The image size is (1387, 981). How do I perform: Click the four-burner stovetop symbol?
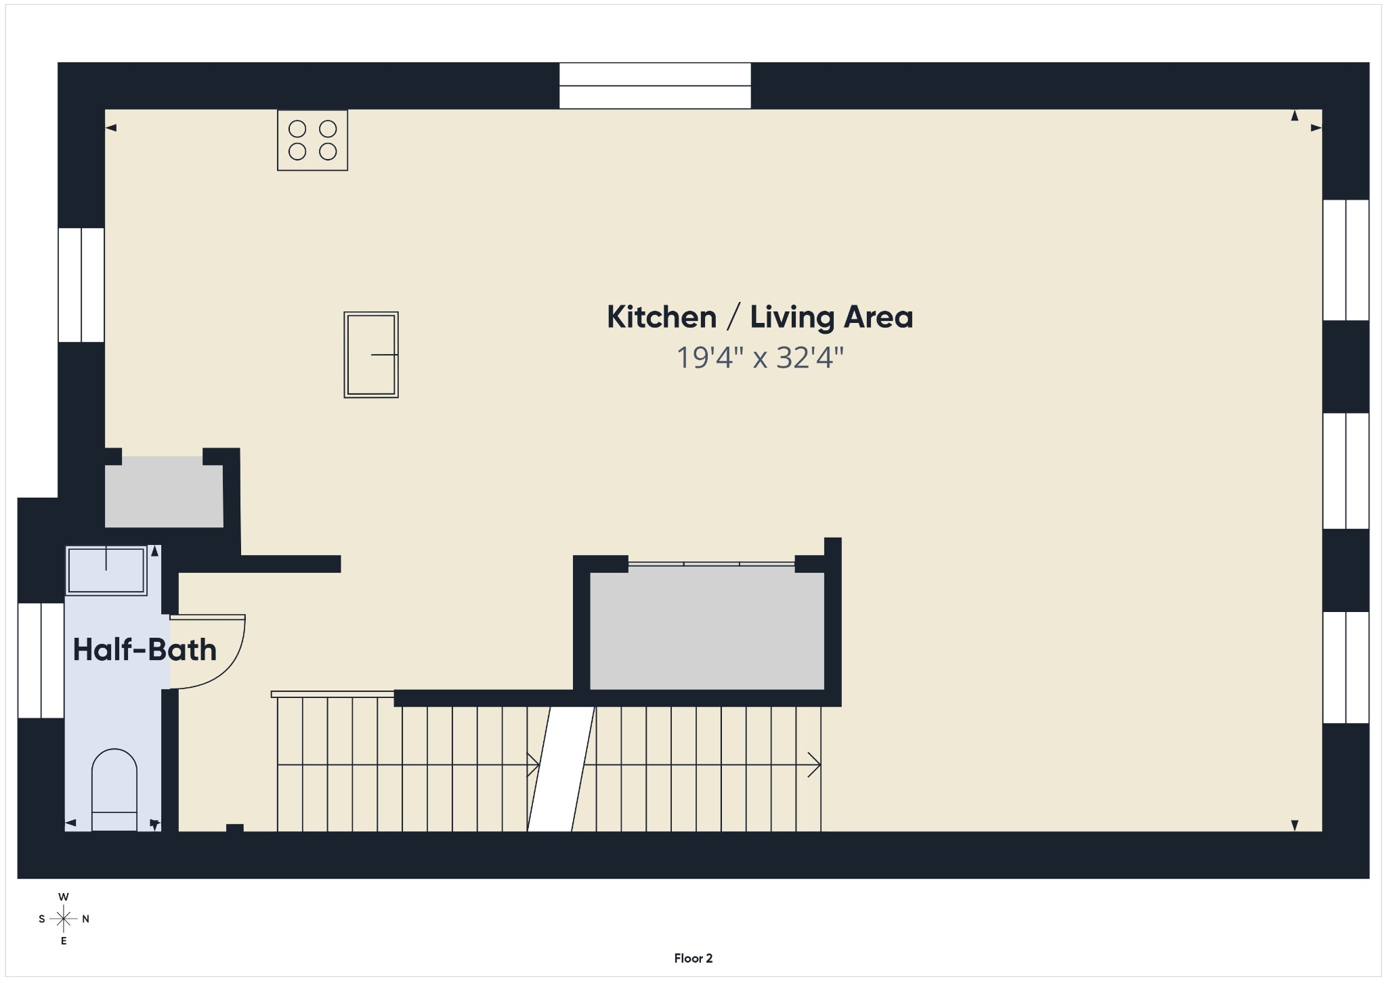tap(312, 140)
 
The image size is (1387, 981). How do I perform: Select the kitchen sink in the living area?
tap(371, 355)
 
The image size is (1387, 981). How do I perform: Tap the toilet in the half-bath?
tap(114, 789)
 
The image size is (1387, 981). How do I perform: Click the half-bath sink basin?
tap(106, 571)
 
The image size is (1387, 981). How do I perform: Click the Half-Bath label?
tap(145, 650)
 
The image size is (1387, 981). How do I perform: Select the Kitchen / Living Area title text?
tap(760, 317)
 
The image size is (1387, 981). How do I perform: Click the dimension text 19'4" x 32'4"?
tap(760, 357)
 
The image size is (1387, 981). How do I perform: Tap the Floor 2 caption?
tap(693, 958)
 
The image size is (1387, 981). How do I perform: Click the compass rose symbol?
tap(64, 919)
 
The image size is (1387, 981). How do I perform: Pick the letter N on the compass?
tap(86, 919)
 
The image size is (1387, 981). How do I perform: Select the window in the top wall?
tap(655, 86)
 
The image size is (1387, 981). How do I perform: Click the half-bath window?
tap(41, 660)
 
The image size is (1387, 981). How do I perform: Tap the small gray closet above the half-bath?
tap(164, 492)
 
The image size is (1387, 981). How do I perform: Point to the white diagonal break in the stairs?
tap(561, 769)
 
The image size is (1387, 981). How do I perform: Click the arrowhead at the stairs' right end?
tap(815, 765)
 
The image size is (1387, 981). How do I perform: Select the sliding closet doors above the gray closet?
tap(711, 563)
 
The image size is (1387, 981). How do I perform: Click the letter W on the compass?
tap(64, 897)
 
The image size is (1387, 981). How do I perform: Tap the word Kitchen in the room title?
tap(662, 317)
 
